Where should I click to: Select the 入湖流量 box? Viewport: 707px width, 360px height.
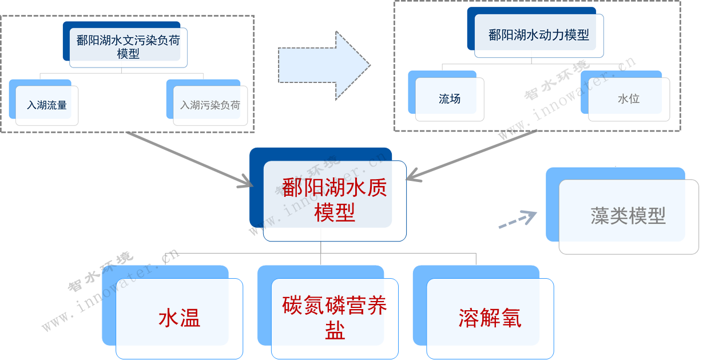coord(47,105)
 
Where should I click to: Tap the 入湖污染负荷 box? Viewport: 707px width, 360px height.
coord(210,105)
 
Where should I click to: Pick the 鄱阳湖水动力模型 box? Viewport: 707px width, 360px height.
coord(538,35)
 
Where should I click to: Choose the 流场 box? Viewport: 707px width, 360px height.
coord(450,99)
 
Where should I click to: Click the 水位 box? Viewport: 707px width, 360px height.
coord(628,99)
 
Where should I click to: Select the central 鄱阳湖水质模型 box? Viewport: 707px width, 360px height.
coord(334,199)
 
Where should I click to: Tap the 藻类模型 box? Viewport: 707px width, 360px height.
coord(628,216)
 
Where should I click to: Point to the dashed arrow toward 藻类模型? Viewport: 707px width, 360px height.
coord(518,220)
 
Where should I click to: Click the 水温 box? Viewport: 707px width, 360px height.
coord(179,318)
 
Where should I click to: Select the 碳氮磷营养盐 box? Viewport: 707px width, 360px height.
coord(335,318)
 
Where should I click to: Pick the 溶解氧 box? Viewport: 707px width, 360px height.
coord(490,318)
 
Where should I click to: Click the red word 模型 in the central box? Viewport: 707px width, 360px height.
coord(335,213)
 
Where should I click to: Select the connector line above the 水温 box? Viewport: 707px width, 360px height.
coord(165,258)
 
